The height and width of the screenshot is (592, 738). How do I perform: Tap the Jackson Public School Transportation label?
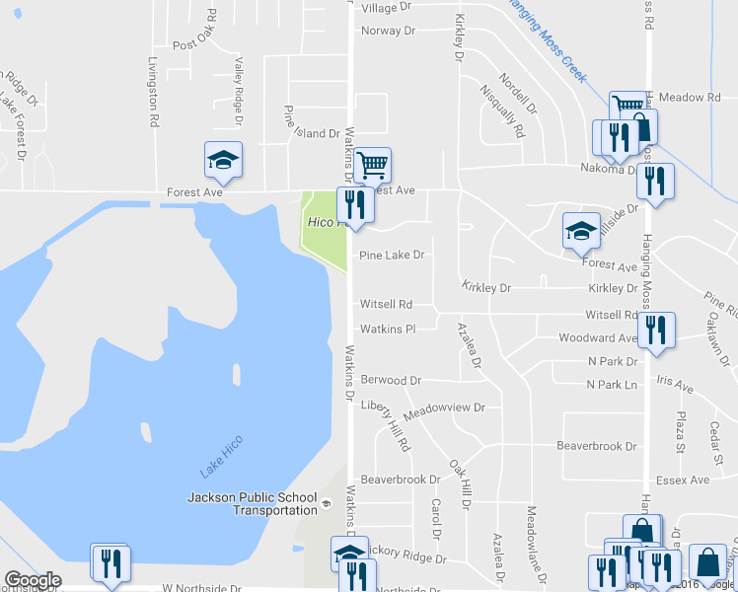[x=253, y=503]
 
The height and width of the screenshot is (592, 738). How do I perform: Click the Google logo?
[x=33, y=580]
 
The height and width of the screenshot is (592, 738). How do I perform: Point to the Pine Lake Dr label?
[x=392, y=256]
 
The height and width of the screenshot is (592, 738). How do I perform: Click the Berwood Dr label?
[x=391, y=380]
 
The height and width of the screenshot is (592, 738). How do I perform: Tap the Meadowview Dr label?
[x=451, y=407]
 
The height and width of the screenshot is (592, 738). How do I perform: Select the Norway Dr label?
[x=388, y=31]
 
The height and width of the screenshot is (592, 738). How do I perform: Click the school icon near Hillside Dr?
[x=581, y=231]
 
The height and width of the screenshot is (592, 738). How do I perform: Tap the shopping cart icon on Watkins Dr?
[x=373, y=165]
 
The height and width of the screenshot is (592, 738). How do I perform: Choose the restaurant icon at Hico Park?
[x=355, y=204]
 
